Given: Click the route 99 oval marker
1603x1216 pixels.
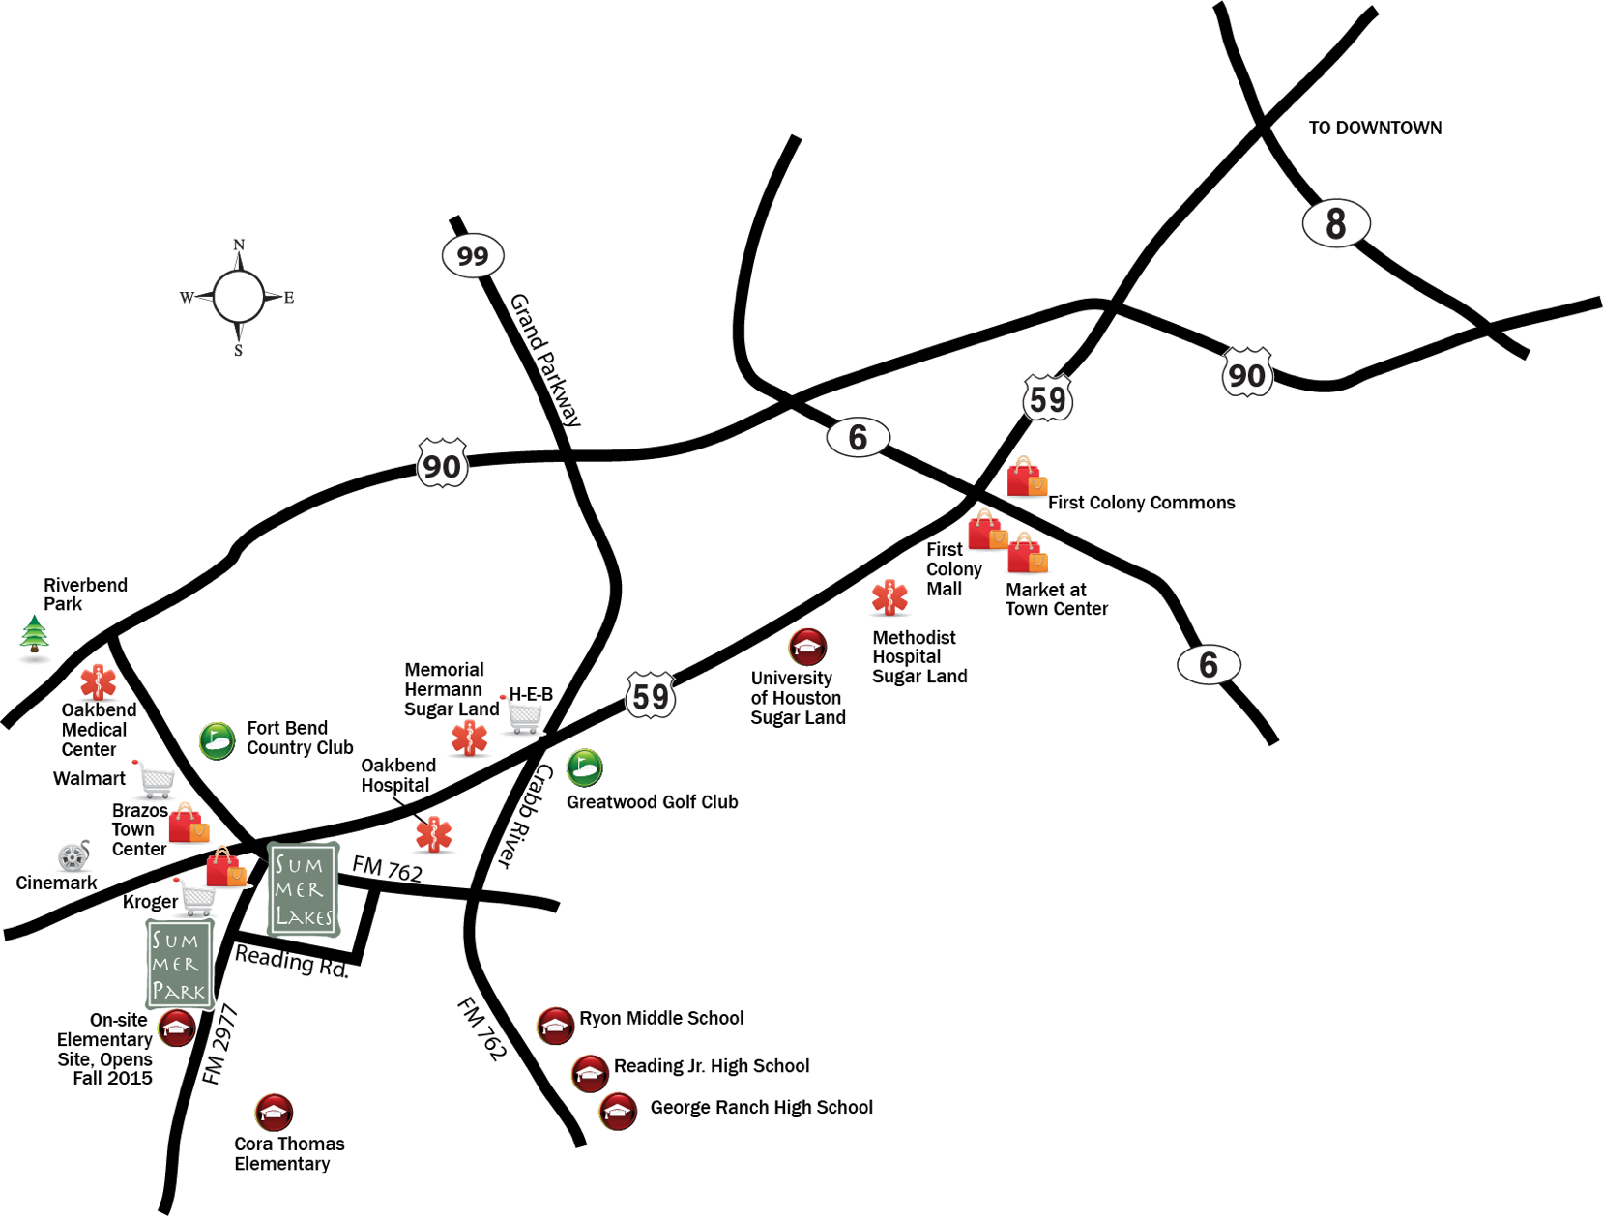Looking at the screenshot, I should (473, 256).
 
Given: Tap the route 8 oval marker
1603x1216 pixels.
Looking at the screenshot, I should (1336, 223).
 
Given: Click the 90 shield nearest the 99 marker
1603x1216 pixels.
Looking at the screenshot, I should (443, 465).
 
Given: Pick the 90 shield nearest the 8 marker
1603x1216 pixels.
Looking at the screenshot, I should (1247, 373).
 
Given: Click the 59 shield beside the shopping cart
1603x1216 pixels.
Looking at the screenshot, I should (651, 695).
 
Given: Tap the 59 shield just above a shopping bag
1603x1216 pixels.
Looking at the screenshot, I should (1048, 397).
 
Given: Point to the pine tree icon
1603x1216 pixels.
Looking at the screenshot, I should (35, 635).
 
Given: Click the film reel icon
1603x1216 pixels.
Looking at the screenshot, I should (73, 856).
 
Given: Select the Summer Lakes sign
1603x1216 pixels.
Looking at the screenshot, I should (302, 890).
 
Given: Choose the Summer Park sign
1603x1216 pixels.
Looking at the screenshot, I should (179, 965).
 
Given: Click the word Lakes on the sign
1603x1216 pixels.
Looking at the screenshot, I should (304, 916).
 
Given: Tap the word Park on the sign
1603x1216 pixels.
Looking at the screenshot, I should (179, 991).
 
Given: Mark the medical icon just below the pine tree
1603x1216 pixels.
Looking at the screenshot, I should (97, 681).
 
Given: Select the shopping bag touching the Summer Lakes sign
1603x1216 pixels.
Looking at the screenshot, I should (227, 867).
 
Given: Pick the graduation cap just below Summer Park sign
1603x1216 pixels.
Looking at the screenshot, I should (176, 1028).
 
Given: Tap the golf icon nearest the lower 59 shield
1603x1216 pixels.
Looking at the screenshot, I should (583, 767).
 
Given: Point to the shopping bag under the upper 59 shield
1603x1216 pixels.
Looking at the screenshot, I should (1026, 477).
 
